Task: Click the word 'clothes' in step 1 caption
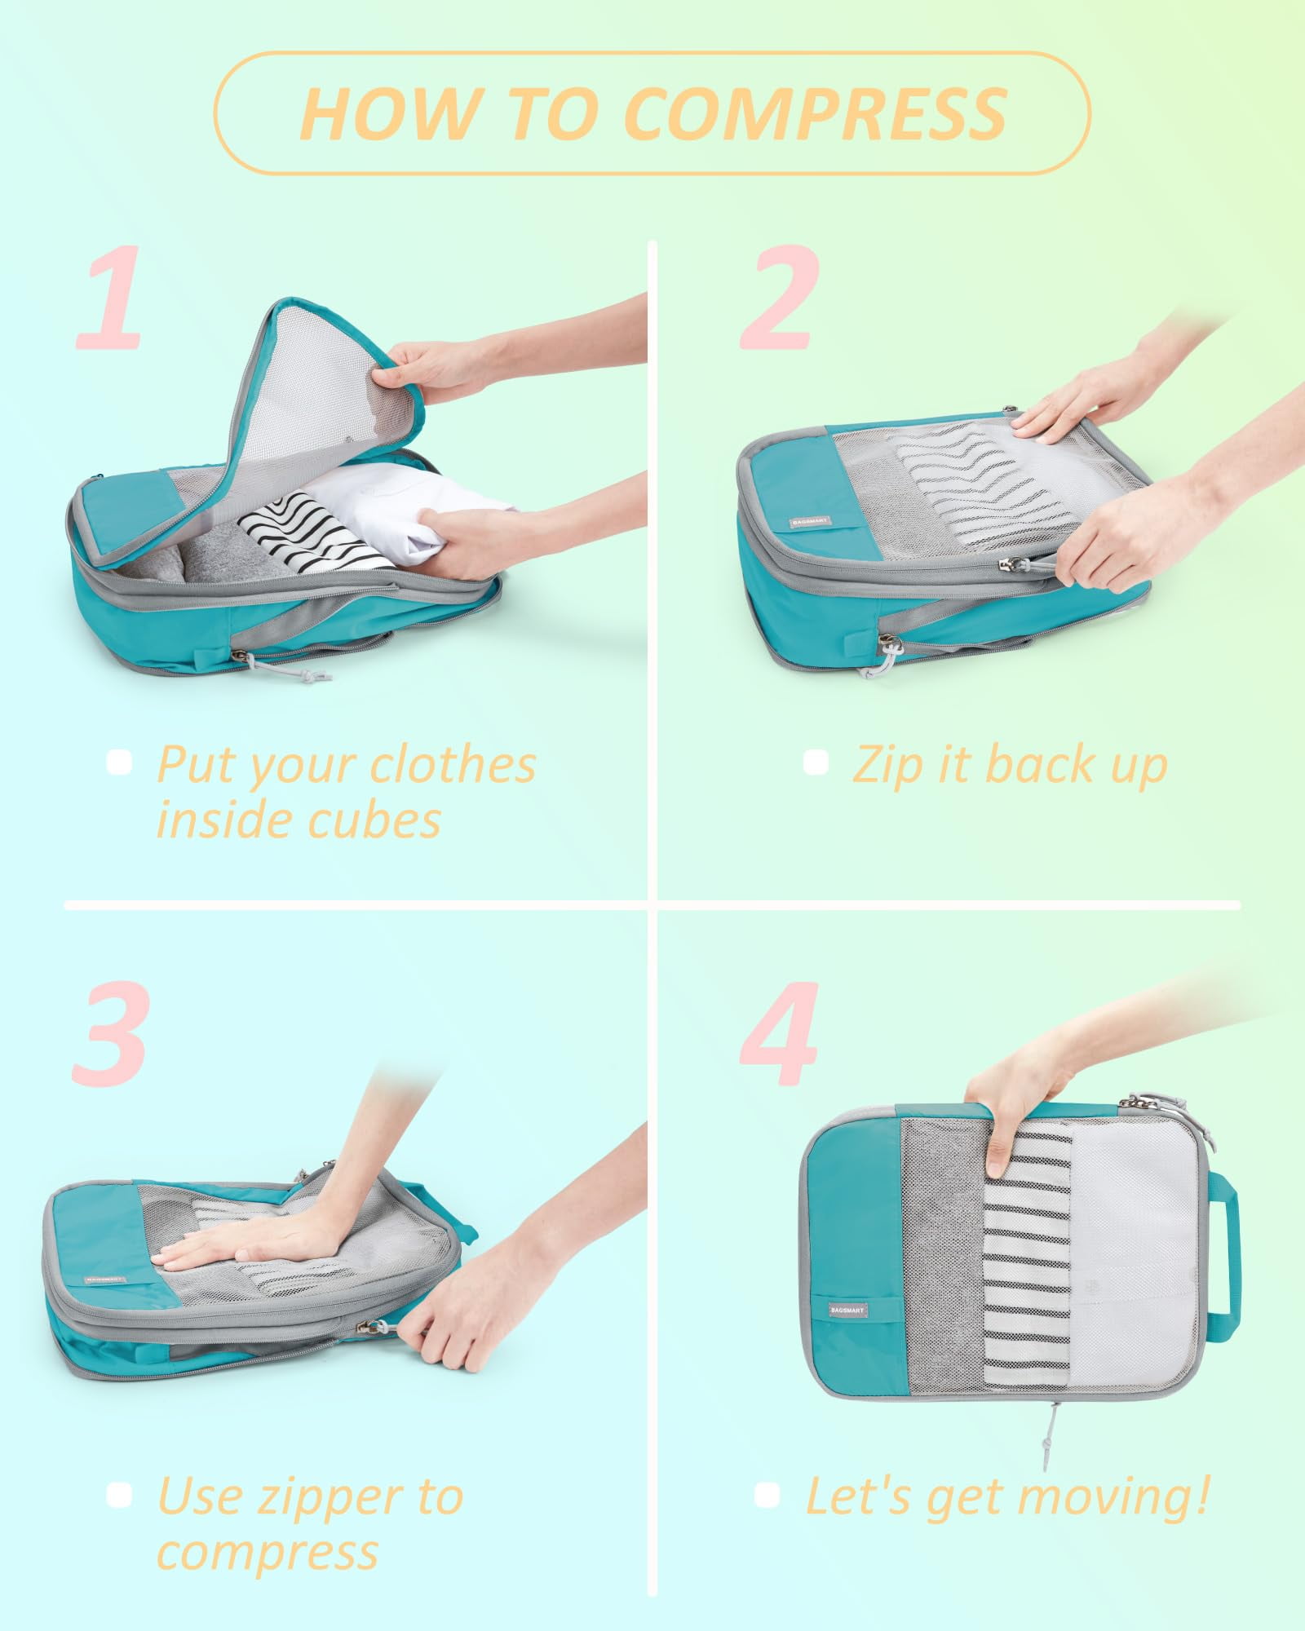coord(453,765)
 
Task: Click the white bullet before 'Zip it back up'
coord(815,763)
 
